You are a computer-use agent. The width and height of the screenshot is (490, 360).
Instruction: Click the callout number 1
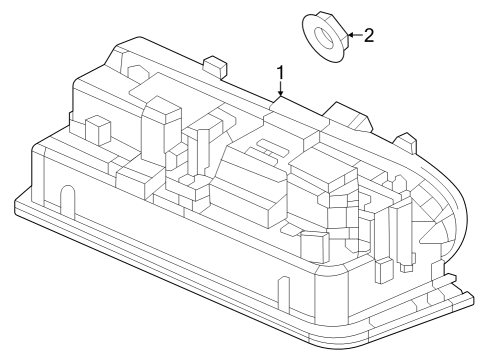coord(281,73)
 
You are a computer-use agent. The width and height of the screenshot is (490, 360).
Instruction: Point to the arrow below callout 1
coord(281,92)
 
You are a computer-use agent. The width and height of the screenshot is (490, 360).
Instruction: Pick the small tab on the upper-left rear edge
coord(213,66)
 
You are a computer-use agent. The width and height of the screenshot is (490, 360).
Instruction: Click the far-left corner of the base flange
coord(17,208)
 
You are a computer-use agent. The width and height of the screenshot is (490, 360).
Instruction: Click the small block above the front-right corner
coord(313,243)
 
